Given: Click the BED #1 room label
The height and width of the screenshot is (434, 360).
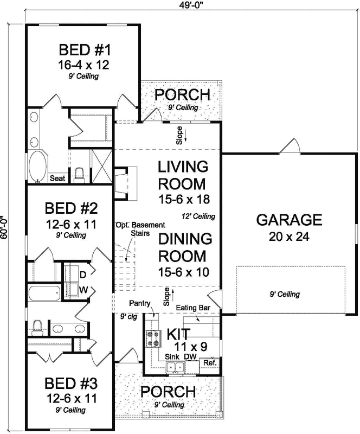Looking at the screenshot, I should pyautogui.click(x=85, y=51).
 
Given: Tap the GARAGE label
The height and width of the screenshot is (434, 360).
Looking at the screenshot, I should pyautogui.click(x=289, y=220).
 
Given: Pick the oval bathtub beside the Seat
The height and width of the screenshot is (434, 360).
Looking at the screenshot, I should pyautogui.click(x=37, y=166).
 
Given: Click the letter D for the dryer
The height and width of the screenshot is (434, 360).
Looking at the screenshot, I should pyautogui.click(x=83, y=275).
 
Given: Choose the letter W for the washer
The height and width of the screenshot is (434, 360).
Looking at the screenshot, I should pyautogui.click(x=83, y=289).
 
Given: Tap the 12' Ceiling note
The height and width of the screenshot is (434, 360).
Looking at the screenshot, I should pyautogui.click(x=199, y=216).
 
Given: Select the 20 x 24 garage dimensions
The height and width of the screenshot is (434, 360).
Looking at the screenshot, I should pyautogui.click(x=289, y=237).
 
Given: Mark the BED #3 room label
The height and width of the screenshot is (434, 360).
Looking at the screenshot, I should pyautogui.click(x=71, y=385).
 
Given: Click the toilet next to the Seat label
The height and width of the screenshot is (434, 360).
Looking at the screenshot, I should pyautogui.click(x=79, y=173).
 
